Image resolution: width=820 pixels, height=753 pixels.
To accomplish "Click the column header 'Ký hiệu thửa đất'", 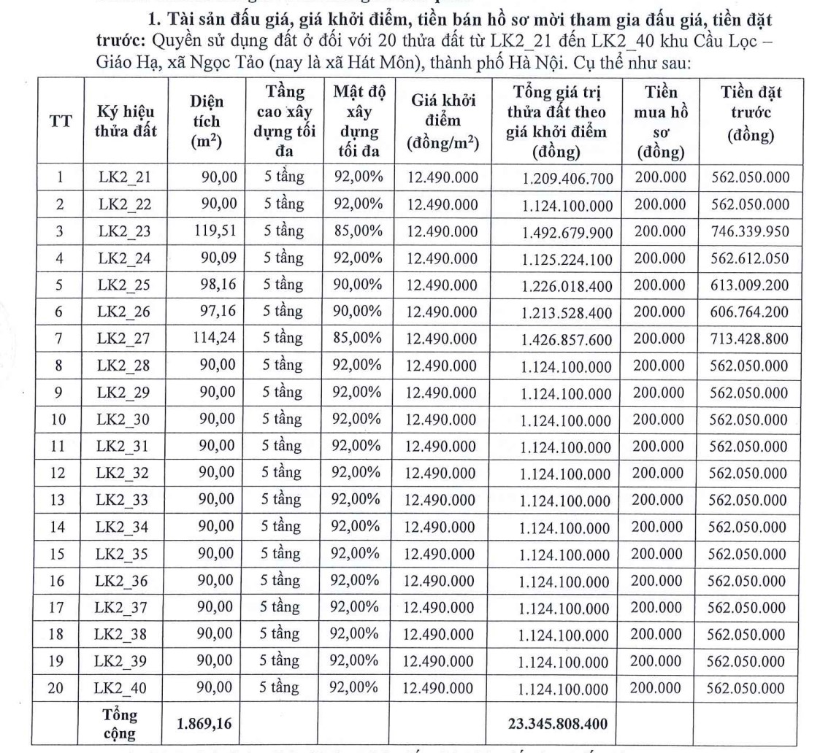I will pyautogui.click(x=126, y=123).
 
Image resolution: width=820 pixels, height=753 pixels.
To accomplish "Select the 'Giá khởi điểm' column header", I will pyautogui.click(x=442, y=123).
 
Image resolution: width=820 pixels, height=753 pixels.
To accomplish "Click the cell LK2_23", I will pyautogui.click(x=124, y=232).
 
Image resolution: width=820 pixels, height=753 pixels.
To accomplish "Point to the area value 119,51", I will pyautogui.click(x=215, y=231).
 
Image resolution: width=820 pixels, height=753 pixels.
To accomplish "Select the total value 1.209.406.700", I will pyautogui.click(x=567, y=177).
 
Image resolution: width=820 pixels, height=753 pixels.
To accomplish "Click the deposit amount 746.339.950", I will pyautogui.click(x=750, y=231).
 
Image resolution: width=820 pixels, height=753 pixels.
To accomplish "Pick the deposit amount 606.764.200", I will pyautogui.click(x=750, y=312).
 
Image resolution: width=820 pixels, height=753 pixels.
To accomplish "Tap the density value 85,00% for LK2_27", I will pyautogui.click(x=358, y=338).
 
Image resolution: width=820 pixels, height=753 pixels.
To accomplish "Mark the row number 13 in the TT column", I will pyautogui.click(x=59, y=501).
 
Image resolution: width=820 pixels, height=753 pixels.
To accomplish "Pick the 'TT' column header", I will pyautogui.click(x=59, y=123).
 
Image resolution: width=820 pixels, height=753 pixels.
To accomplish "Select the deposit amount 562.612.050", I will pyautogui.click(x=750, y=258).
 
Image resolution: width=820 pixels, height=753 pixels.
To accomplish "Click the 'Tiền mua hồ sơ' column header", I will pyautogui.click(x=662, y=123).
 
